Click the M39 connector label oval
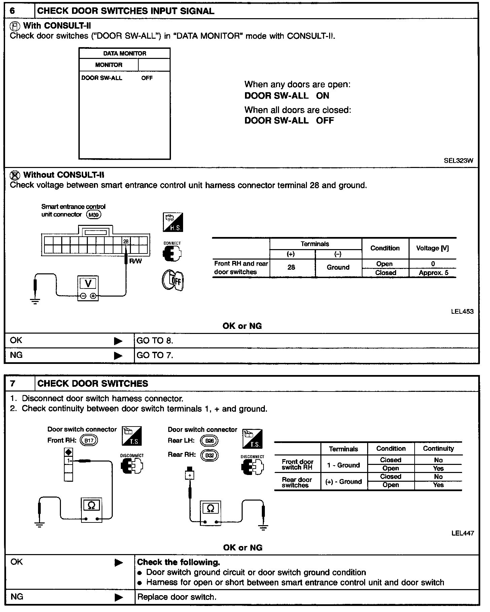94,215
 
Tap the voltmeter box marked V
88,288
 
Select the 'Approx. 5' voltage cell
433,273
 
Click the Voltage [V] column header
432,248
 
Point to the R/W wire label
136,261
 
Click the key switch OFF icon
173,280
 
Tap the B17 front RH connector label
89,440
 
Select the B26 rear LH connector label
209,441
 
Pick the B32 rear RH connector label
209,455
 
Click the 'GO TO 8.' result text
155,341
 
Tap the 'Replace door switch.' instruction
177,597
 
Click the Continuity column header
438,449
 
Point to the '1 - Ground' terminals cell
344,465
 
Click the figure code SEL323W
458,161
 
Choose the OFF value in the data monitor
147,78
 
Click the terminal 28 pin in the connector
126,241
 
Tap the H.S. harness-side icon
173,222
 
